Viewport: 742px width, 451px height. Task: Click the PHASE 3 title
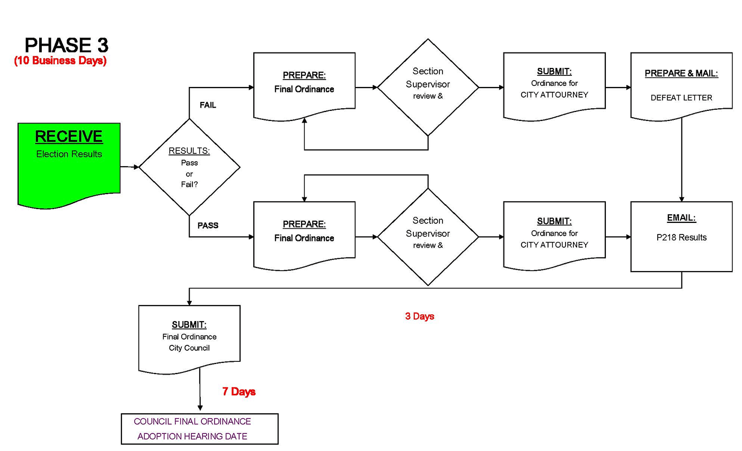66,45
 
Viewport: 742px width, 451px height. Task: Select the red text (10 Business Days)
60,60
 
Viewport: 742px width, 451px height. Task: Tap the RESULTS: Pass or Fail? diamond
189,167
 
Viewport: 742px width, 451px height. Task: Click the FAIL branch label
208,105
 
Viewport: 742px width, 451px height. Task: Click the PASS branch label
208,226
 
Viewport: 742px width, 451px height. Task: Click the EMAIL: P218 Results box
681,236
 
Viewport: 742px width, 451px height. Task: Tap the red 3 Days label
419,316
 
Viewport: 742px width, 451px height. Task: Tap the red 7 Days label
238,392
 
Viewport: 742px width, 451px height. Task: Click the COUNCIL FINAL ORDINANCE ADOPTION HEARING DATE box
199,429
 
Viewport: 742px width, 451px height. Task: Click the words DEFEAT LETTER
681,98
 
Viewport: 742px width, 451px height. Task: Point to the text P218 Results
681,238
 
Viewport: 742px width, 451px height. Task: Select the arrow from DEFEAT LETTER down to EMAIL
681,159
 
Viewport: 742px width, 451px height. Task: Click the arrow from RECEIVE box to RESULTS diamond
129,167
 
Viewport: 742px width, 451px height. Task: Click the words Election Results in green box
69,154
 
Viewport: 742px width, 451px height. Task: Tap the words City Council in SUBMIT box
189,348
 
